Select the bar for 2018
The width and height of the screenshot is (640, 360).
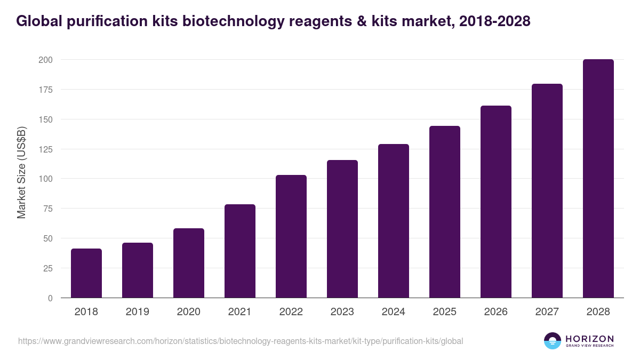(86, 273)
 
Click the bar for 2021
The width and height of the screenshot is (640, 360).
(240, 251)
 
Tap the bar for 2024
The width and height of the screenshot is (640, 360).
(394, 221)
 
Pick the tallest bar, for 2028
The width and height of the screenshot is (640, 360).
(598, 179)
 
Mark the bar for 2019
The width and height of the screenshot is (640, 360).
(138, 270)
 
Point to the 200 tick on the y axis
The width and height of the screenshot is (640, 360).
(45, 60)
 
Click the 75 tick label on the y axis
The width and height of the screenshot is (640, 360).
(47, 209)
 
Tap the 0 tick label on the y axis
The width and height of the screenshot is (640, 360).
(50, 298)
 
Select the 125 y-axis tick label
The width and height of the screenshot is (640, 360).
(45, 149)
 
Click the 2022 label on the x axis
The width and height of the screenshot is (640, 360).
(291, 312)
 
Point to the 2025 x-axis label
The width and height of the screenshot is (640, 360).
(445, 312)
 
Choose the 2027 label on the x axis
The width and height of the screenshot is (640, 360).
(547, 312)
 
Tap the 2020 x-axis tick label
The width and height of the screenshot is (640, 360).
(189, 312)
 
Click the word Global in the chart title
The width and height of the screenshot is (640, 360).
(42, 21)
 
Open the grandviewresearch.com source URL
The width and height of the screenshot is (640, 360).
(241, 341)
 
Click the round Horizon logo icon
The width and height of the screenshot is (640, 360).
(552, 341)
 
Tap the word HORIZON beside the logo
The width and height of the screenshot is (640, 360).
(589, 339)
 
